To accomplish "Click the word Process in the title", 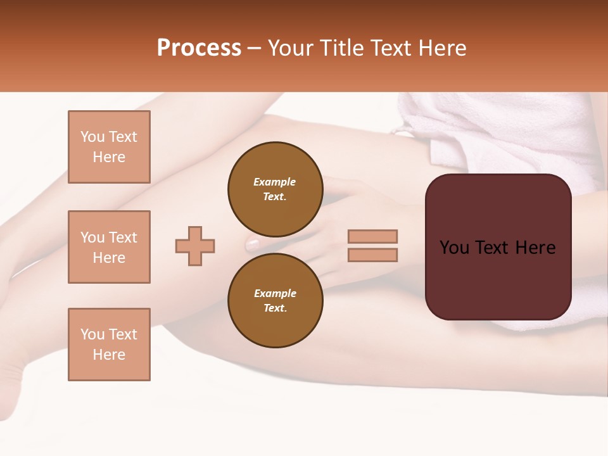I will (199, 48).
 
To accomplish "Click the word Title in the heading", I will (340, 48).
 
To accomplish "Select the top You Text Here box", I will (109, 147).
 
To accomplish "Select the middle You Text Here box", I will (109, 247).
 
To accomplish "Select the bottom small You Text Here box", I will (109, 345).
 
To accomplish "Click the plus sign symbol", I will (195, 246).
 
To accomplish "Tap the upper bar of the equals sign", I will (373, 236).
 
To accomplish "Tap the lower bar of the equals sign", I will (373, 255).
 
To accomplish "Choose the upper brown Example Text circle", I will (275, 189).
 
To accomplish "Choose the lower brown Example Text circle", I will (275, 300).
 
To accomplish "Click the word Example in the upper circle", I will (275, 182).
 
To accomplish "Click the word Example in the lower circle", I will (275, 293).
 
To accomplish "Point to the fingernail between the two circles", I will (252, 244).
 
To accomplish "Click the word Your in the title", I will (291, 48).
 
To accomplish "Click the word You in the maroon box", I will (454, 248).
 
